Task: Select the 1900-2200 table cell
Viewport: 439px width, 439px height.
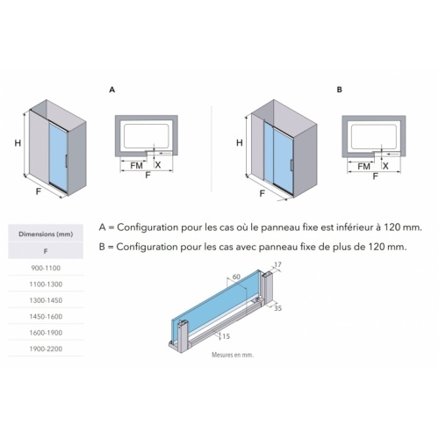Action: click(46, 349)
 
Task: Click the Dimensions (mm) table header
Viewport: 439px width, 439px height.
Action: click(46, 234)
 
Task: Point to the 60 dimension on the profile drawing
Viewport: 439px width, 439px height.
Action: click(234, 277)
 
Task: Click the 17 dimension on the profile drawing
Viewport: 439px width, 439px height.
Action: click(278, 263)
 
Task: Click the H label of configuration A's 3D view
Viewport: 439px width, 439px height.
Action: click(18, 143)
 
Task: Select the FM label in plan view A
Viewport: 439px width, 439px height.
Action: click(137, 164)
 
